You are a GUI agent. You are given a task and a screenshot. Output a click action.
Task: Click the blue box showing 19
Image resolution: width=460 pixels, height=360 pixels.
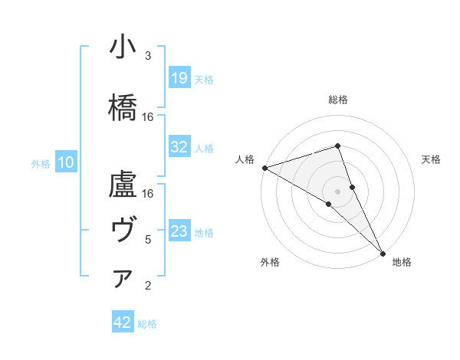point(179,78)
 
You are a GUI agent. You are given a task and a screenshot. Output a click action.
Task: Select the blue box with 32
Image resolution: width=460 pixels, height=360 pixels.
point(179,148)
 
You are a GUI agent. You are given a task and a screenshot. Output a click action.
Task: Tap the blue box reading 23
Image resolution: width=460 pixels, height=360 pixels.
point(179,231)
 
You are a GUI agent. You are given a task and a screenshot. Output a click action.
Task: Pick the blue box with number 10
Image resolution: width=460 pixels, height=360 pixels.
point(66,162)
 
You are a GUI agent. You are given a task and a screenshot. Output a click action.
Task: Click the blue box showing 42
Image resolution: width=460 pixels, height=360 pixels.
point(123,322)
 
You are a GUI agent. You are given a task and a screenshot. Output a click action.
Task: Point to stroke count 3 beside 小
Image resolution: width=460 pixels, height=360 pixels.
point(148,56)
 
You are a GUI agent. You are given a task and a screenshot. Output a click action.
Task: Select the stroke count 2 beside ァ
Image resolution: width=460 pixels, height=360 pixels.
point(148,286)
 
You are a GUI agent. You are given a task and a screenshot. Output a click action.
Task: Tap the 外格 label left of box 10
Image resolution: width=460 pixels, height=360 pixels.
point(41,162)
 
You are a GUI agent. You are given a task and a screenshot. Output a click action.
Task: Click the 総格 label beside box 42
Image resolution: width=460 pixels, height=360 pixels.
point(147,324)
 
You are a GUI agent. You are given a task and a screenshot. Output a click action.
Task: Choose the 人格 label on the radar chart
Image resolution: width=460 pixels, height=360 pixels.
point(245,159)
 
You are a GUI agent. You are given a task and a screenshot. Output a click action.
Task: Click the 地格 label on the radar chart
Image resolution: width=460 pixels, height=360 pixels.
point(402,262)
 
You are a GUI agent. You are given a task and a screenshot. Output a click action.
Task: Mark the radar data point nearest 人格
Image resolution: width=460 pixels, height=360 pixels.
point(264,168)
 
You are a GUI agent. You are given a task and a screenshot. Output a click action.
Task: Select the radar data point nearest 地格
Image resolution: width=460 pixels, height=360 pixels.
point(383,252)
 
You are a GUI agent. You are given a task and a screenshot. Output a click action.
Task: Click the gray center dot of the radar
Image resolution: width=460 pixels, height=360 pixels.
point(337,191)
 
